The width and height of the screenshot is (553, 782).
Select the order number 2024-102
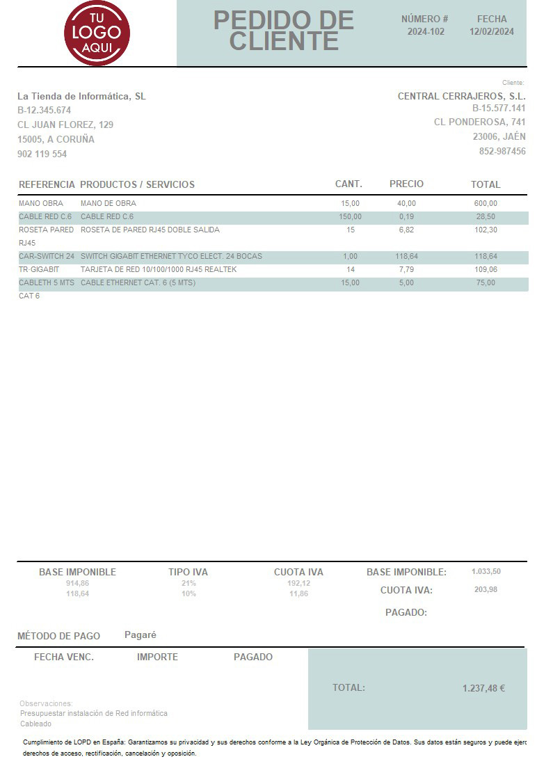426,31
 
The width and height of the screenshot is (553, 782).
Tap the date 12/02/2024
492,31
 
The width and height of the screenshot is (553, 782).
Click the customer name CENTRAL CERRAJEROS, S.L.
461,96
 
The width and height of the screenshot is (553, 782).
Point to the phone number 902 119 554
42,154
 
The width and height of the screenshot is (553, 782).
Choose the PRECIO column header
406,184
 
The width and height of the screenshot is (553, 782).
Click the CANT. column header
348,184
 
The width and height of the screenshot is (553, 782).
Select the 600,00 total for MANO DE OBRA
486,203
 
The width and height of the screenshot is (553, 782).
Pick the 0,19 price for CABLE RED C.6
406,216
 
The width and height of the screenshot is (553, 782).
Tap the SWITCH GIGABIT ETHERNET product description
171,256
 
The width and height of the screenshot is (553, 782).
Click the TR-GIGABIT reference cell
39,269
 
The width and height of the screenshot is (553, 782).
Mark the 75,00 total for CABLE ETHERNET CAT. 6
486,282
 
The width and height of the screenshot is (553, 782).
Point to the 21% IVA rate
189,583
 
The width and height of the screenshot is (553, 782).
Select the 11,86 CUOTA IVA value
298,593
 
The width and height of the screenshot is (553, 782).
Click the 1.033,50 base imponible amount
486,571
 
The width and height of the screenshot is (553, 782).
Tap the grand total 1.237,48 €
483,688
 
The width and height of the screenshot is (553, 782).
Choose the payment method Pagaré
141,635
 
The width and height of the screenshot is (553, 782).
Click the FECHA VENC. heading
64,657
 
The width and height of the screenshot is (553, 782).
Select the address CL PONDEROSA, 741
479,122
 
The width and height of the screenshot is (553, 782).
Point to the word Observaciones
46,703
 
